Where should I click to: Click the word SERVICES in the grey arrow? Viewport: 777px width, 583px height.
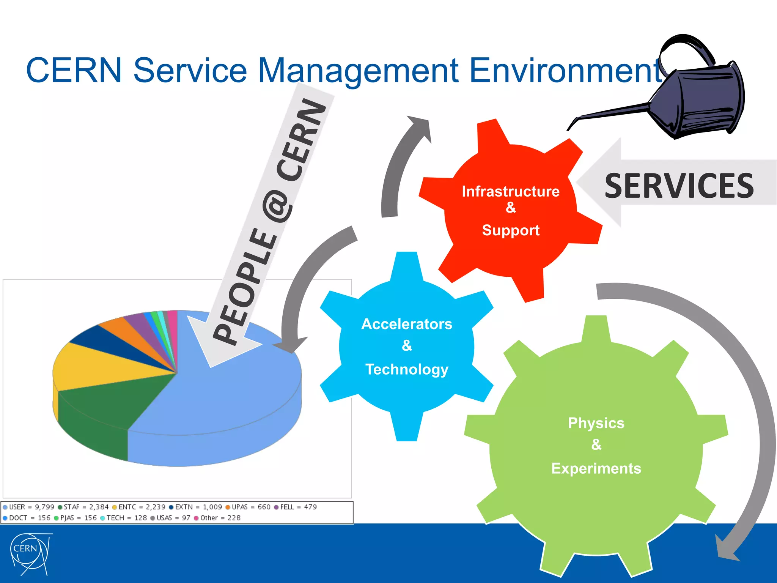[x=679, y=186]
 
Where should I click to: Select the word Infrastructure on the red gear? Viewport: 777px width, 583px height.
[x=510, y=191]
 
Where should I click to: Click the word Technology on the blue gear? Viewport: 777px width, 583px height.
[x=407, y=369]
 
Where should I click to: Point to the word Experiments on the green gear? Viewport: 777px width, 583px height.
[x=596, y=468]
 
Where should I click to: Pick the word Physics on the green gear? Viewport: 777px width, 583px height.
[x=596, y=423]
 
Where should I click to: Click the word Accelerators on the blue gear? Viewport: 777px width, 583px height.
[x=407, y=324]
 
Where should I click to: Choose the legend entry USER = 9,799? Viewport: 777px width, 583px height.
[x=29, y=507]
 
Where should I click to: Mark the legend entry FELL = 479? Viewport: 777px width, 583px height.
[x=296, y=507]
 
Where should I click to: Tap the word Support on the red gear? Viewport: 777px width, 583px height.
[x=510, y=230]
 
